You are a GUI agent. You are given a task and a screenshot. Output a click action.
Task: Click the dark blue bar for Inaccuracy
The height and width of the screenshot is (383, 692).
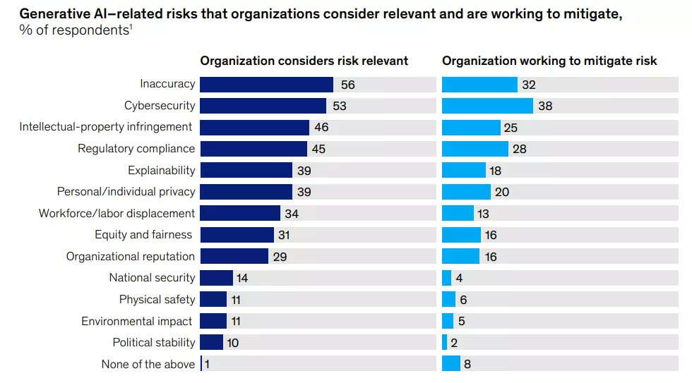click(x=266, y=85)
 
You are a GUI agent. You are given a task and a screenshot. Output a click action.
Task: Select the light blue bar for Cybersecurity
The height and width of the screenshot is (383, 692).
click(x=487, y=106)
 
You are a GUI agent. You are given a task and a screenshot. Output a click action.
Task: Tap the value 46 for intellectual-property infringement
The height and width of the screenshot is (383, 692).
click(x=321, y=128)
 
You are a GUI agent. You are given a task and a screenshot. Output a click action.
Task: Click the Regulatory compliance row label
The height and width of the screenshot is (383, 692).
click(x=136, y=149)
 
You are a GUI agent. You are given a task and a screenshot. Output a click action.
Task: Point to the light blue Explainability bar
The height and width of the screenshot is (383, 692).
click(x=463, y=171)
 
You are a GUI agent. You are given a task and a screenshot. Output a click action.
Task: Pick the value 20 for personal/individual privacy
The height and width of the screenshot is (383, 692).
click(x=502, y=192)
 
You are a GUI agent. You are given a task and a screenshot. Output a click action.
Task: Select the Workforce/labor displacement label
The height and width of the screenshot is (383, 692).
click(x=117, y=213)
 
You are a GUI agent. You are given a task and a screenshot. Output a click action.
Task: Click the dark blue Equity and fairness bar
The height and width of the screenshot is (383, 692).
click(x=236, y=235)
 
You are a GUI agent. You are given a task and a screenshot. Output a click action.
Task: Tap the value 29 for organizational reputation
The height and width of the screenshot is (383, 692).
click(x=280, y=257)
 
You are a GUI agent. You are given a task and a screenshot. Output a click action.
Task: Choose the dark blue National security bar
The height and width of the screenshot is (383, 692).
click(x=216, y=278)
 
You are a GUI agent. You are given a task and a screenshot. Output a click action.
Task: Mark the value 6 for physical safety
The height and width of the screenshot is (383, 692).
click(x=463, y=300)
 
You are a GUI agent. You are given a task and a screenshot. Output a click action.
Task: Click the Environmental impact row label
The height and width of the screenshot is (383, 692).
click(x=137, y=322)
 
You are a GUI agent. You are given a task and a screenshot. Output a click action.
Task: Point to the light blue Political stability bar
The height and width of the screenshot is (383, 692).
click(x=444, y=343)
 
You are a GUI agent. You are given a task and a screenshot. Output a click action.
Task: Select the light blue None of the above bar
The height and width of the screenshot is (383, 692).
click(x=451, y=364)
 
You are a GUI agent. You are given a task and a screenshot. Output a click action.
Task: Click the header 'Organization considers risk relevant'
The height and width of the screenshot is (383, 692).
click(x=304, y=61)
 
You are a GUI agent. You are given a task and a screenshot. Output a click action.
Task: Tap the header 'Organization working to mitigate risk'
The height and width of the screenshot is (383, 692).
click(x=549, y=61)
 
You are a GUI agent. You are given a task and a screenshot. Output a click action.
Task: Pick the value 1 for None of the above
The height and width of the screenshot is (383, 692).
click(x=208, y=365)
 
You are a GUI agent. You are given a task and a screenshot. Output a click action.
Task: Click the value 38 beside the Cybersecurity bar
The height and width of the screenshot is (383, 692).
click(x=544, y=107)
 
